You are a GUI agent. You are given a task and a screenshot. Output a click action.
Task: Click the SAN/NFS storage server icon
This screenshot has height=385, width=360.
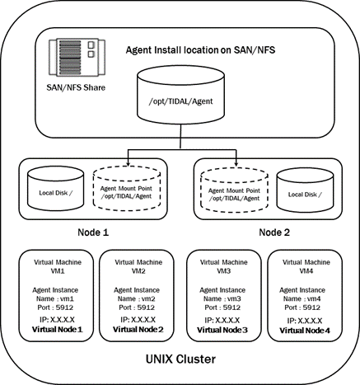click(x=77, y=57)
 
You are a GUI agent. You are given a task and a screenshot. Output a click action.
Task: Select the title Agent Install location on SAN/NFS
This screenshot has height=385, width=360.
click(x=200, y=50)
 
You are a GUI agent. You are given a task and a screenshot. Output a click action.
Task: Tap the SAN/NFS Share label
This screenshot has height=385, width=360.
click(x=76, y=87)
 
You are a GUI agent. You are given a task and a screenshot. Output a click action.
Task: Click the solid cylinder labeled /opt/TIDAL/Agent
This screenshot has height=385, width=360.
click(x=180, y=95)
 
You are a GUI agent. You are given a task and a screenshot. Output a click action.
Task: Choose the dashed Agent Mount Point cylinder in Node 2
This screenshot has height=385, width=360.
click(x=234, y=190)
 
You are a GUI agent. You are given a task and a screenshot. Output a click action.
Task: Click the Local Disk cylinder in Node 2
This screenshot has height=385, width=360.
click(x=305, y=190)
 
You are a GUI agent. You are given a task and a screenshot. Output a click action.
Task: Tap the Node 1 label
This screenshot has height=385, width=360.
click(x=93, y=232)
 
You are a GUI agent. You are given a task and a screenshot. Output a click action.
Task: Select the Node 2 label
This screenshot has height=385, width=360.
click(x=274, y=232)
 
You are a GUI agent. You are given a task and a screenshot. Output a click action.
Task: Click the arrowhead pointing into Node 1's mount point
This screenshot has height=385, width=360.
click(x=128, y=163)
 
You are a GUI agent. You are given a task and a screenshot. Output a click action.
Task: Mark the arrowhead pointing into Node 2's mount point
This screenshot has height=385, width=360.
click(x=236, y=163)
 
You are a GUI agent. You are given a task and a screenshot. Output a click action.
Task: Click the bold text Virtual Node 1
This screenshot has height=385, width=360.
click(x=58, y=329)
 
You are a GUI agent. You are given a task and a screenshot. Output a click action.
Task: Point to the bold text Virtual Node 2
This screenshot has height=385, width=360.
click(x=138, y=329)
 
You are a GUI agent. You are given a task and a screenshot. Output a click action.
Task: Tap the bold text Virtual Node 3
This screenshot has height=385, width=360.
click(x=222, y=330)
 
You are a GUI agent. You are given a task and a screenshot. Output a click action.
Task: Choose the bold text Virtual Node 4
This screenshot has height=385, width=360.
click(x=305, y=331)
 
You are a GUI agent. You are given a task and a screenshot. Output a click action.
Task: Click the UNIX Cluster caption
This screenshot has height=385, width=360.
click(x=180, y=359)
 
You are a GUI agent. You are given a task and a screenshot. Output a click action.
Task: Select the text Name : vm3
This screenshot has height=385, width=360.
click(x=222, y=298)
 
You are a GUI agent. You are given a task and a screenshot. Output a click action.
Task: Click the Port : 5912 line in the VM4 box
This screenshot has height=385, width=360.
click(x=302, y=308)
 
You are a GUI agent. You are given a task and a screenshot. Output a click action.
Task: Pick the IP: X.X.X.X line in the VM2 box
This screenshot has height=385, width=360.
click(x=138, y=320)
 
